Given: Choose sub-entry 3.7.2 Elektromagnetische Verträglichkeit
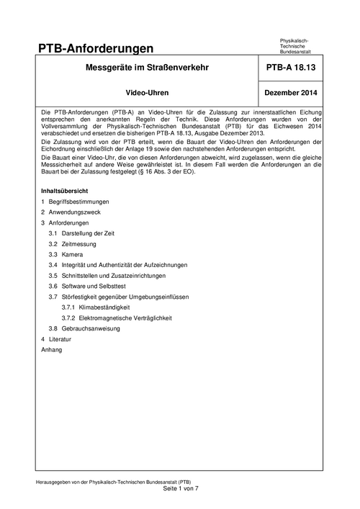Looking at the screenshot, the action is [x=121, y=317].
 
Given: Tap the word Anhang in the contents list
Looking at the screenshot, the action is [x=52, y=349].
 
